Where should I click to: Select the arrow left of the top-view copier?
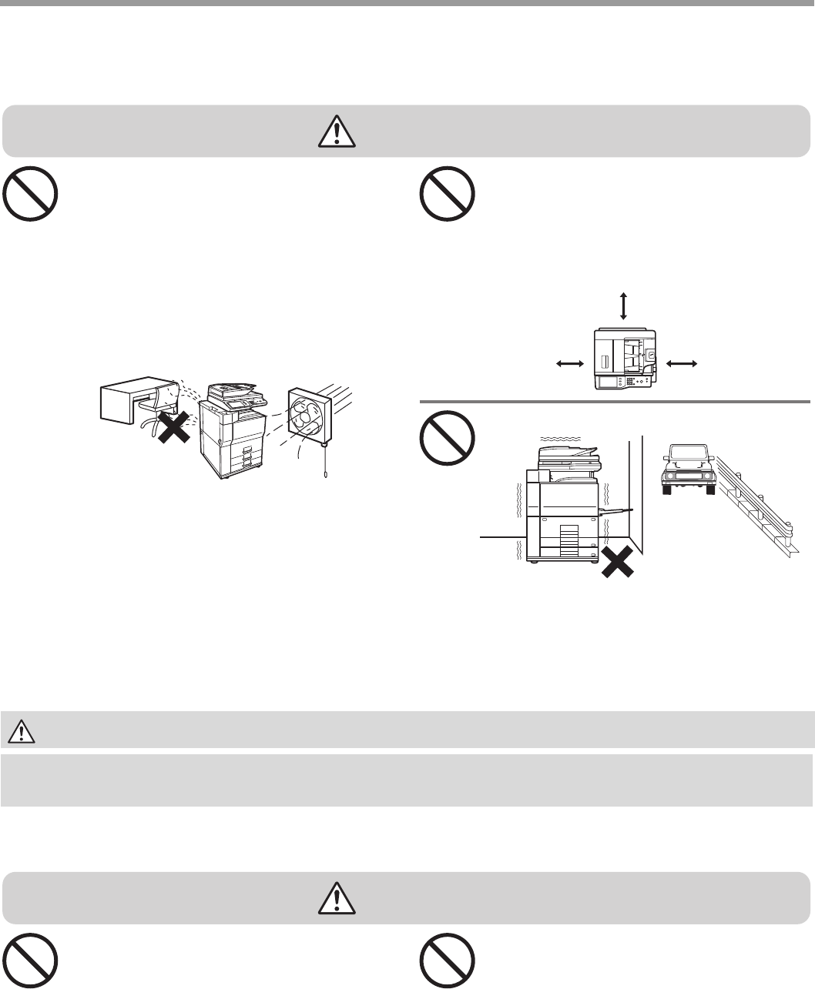[568, 363]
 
